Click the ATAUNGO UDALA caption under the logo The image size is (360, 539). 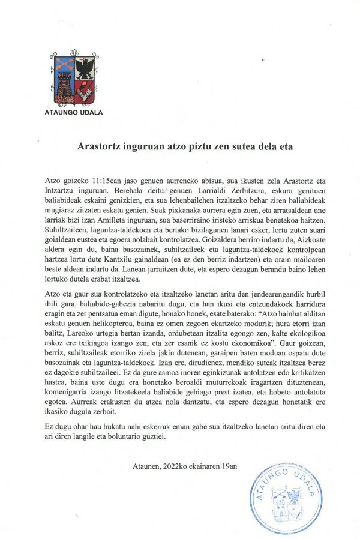coord(74,112)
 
